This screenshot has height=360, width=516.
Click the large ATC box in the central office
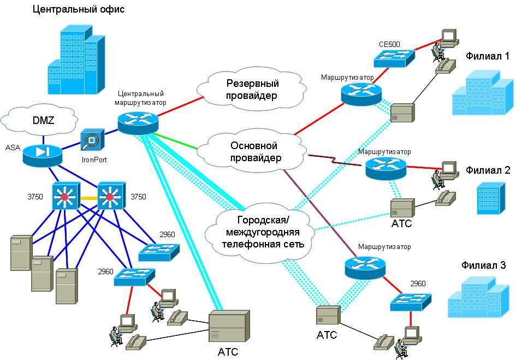(229, 326)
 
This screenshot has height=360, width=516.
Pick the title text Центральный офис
(78, 9)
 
